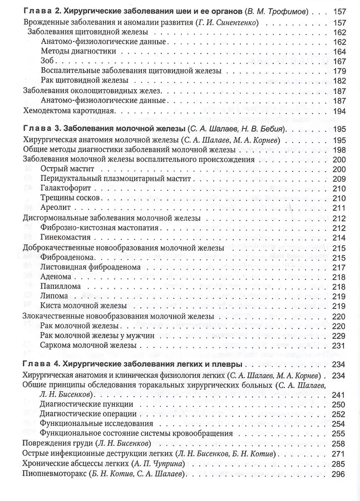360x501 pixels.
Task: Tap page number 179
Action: click(339, 71)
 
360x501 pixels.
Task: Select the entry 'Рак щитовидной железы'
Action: click(80, 81)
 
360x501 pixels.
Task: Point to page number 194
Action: click(339, 111)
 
